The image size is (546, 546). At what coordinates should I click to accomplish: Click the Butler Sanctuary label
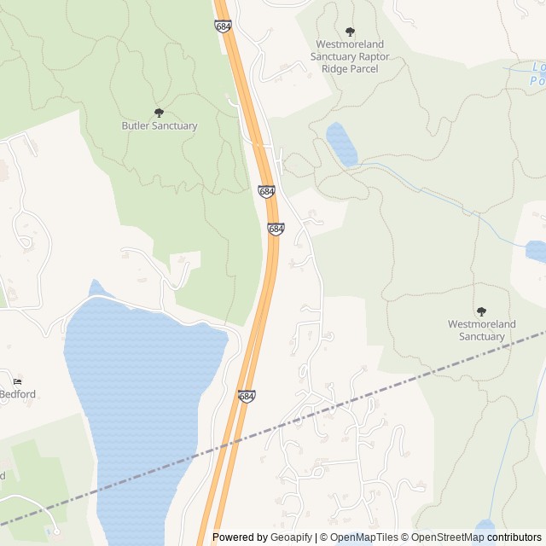[159, 126]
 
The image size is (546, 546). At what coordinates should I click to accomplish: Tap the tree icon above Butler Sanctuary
[159, 113]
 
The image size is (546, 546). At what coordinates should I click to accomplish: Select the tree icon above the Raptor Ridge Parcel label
[350, 32]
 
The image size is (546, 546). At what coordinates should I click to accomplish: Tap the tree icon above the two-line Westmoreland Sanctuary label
[481, 311]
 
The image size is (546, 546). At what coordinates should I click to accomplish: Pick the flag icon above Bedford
[17, 381]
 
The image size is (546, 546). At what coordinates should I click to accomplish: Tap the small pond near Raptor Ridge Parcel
[341, 144]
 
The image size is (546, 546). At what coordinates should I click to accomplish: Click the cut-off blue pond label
[537, 74]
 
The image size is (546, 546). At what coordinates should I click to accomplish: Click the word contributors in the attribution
[514, 537]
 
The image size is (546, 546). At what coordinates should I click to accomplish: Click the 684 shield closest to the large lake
[246, 397]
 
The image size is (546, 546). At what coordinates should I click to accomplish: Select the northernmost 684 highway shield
[224, 26]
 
